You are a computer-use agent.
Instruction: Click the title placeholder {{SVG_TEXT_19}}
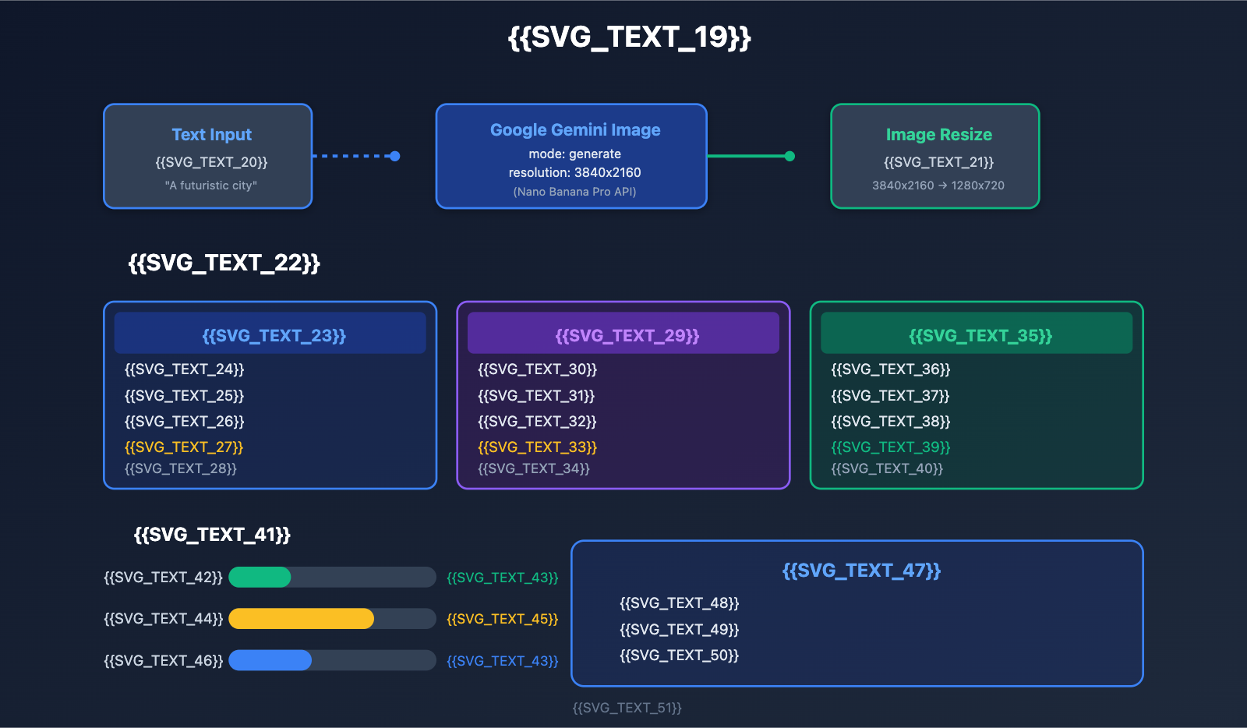pos(629,37)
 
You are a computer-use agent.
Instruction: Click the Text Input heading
pos(211,135)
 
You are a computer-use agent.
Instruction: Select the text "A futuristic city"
pos(210,186)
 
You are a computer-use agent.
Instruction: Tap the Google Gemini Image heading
pos(575,130)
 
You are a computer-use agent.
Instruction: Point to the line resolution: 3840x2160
pos(574,172)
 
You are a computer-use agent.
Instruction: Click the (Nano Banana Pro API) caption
pos(574,192)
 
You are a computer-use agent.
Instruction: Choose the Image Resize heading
pos(938,135)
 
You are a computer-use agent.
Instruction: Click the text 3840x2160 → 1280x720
pos(938,186)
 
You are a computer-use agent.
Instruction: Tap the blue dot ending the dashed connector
pos(395,156)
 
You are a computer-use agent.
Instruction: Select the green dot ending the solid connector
pos(790,156)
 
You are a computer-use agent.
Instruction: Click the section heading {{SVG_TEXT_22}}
pos(224,263)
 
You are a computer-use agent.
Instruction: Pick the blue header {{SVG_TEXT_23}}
pos(274,335)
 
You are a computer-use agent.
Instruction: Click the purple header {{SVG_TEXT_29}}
pos(627,335)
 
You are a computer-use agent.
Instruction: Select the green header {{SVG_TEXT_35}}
pos(980,335)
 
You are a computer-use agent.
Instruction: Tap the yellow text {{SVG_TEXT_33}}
pos(537,447)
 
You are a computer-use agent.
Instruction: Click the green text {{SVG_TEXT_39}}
pos(890,447)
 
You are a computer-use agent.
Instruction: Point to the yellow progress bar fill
pos(301,619)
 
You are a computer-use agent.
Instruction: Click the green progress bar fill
pos(260,578)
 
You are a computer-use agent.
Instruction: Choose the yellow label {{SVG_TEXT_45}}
pos(502,619)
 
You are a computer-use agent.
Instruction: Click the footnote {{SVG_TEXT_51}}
pos(627,708)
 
